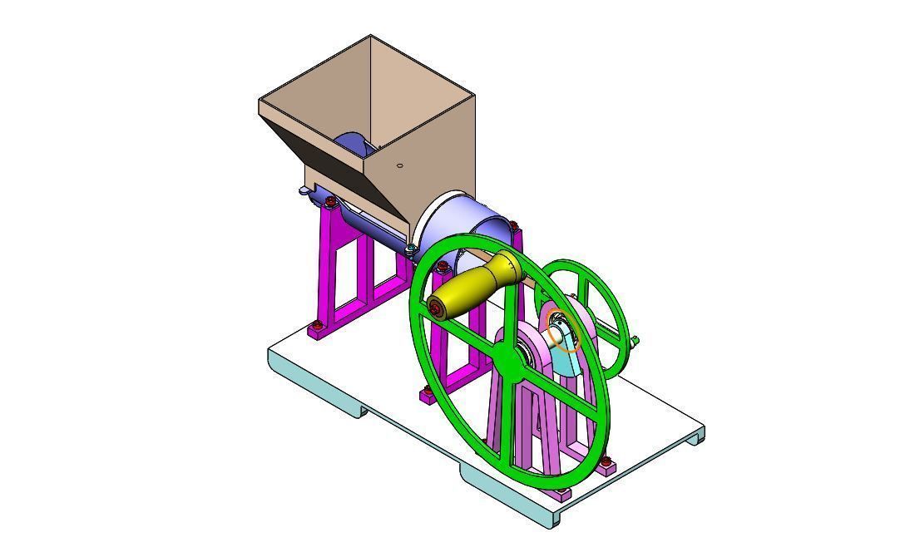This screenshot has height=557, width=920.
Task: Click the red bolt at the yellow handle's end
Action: pos(435,309)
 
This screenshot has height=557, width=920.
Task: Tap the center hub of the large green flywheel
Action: pos(509,357)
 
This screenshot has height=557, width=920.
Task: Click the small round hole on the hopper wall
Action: pos(400,165)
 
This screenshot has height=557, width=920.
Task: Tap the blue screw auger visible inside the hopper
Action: pos(354,144)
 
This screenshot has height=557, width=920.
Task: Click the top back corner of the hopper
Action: pos(370,37)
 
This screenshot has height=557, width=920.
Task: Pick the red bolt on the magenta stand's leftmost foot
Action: pos(315,325)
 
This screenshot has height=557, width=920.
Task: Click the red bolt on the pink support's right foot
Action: pos(606,461)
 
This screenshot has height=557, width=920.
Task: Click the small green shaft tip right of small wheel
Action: pos(636,339)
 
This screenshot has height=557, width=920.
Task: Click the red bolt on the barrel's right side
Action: pos(513,225)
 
